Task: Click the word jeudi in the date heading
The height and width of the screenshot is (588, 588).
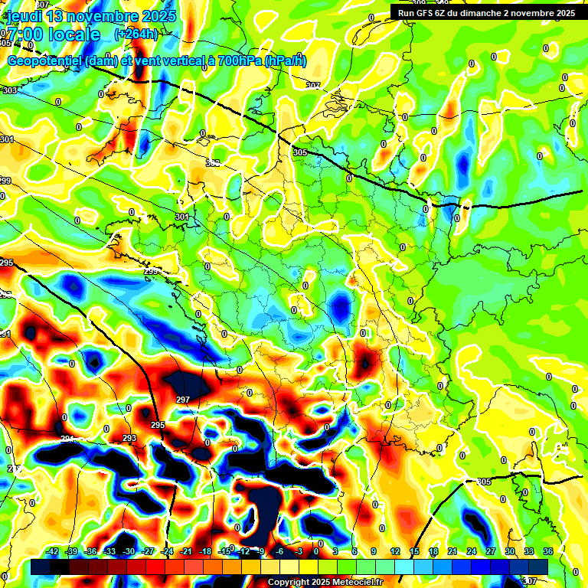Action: [x=22, y=16]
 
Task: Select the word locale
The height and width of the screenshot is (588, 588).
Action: [x=73, y=34]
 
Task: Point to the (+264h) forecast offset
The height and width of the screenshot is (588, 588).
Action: [x=136, y=34]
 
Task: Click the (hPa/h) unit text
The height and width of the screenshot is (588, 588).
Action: [x=284, y=61]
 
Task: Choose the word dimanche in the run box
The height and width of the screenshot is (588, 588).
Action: [x=487, y=13]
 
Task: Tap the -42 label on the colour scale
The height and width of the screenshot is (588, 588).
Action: [x=52, y=551]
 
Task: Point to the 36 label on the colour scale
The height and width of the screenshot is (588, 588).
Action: [x=548, y=551]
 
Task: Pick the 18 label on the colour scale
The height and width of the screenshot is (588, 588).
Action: [x=433, y=551]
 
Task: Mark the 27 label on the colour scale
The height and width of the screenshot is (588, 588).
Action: [x=491, y=551]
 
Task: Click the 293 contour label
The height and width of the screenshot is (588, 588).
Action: [x=129, y=438]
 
